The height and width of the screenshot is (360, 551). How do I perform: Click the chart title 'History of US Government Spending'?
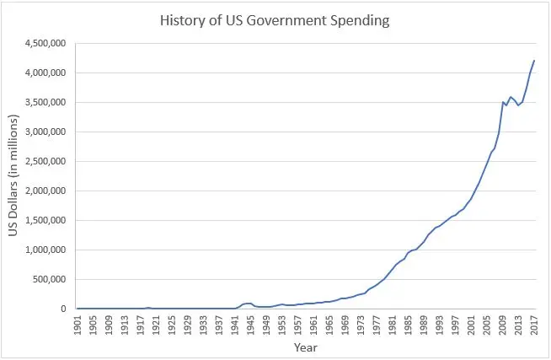click(275, 21)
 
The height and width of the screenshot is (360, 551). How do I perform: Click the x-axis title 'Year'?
click(305, 347)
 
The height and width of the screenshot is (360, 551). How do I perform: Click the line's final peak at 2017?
click(534, 61)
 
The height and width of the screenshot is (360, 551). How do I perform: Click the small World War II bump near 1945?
click(250, 304)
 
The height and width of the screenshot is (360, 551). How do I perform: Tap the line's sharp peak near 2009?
click(503, 102)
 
